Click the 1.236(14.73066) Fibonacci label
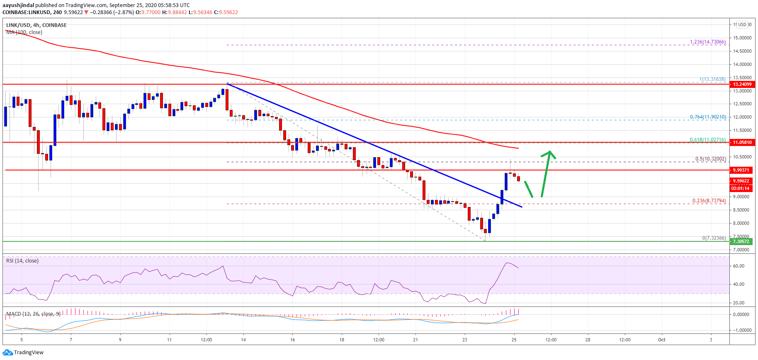(x=708, y=42)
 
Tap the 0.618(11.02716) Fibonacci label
(x=708, y=140)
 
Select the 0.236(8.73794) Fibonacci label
(x=709, y=201)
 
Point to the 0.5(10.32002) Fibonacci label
(x=711, y=159)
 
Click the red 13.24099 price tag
(x=742, y=84)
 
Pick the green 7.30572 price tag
(x=741, y=241)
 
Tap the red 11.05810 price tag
(x=742, y=142)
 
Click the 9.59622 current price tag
(x=741, y=181)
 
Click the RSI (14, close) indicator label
(x=22, y=261)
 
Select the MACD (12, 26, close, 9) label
(x=33, y=314)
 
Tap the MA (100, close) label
(x=24, y=32)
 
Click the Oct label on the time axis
(x=662, y=340)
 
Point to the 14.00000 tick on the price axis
(x=742, y=64)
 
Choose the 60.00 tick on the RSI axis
(x=739, y=266)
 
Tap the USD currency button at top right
(x=742, y=24)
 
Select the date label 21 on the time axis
(x=415, y=340)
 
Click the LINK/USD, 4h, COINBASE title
(x=36, y=25)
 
